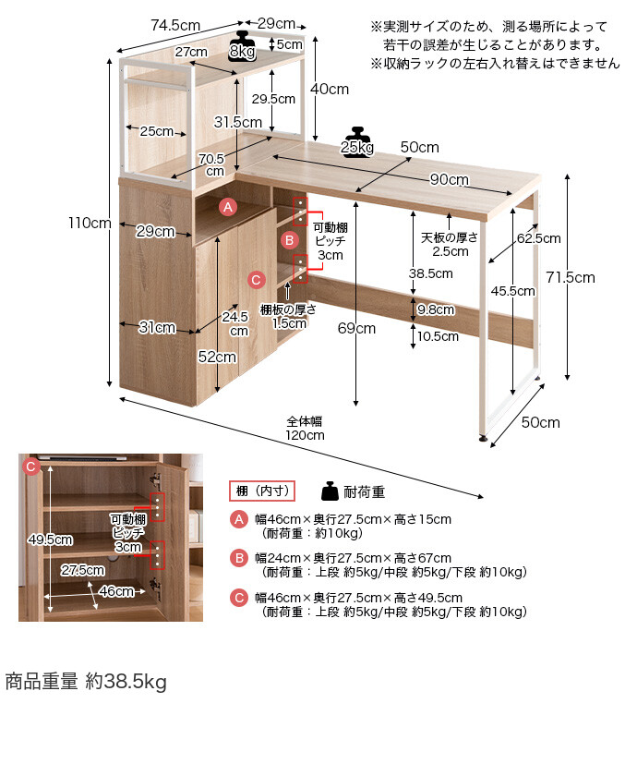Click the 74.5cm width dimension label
175,25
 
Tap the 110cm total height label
90,223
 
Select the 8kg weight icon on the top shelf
242,46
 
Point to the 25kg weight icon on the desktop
357,142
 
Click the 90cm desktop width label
449,179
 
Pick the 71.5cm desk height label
571,278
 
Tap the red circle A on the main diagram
228,207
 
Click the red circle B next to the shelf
289,240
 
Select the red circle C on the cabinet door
256,280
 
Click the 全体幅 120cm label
305,429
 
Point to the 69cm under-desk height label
356,328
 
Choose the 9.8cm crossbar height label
436,309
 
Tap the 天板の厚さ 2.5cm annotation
450,245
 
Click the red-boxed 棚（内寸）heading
262,491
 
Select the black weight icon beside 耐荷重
330,491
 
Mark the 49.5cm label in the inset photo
51,540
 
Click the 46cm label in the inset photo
116,591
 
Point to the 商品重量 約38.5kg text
86,682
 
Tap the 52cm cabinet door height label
217,357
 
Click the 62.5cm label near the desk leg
538,238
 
